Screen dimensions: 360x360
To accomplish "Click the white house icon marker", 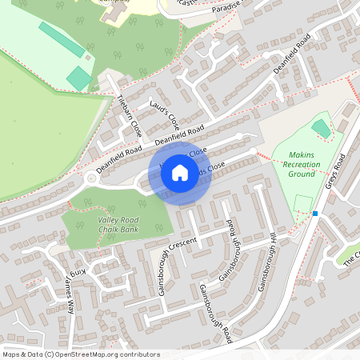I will [180, 172].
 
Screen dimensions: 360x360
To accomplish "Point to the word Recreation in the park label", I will [301, 164].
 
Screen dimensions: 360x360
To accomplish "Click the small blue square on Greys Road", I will [316, 214].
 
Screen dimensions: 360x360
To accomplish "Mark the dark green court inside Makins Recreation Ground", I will [321, 128].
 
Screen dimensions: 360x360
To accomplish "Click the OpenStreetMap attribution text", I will [81, 354].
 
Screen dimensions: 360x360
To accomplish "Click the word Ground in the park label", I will [301, 174].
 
